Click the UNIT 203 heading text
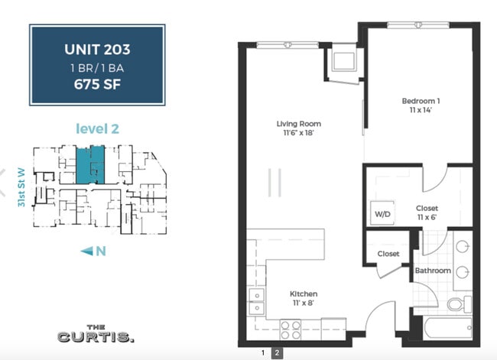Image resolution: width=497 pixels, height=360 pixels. (97, 50)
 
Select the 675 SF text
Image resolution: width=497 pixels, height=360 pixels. (97, 84)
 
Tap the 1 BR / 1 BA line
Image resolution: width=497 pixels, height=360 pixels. (97, 68)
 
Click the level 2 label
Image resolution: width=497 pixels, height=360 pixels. (97, 128)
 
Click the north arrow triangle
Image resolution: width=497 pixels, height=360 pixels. (86, 251)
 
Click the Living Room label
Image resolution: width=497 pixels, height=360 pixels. (298, 124)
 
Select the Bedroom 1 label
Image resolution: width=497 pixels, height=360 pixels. (421, 101)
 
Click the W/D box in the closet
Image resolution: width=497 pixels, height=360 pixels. (381, 213)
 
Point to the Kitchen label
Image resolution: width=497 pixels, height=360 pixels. (304, 294)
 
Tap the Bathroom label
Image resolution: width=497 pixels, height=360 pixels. (432, 270)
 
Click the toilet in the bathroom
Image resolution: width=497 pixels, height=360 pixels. (456, 304)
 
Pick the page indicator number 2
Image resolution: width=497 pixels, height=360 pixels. (277, 352)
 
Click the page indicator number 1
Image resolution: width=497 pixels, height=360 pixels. (263, 352)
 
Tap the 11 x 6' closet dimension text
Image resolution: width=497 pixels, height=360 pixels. (427, 217)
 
